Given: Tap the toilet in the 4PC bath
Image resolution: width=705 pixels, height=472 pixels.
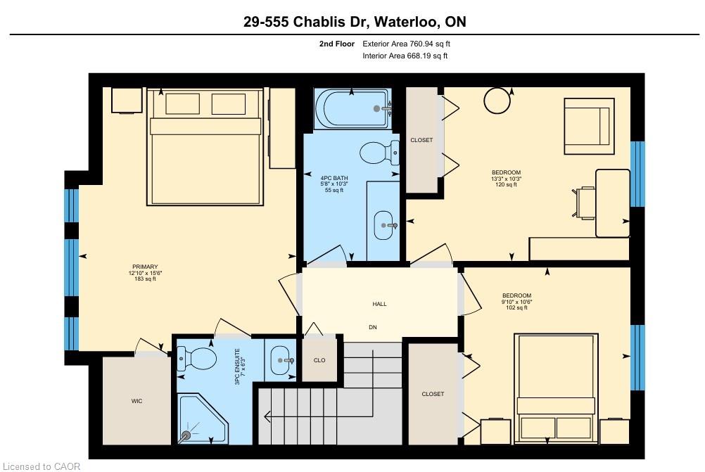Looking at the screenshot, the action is pos(379,153).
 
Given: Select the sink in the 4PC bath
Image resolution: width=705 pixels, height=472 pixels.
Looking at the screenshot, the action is pos(383,225).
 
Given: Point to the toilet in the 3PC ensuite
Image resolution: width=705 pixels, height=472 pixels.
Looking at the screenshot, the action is pos(196,359).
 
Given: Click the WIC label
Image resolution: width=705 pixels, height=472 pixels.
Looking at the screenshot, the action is pos(136,401).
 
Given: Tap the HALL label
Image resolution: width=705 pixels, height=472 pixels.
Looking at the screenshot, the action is pos(379,304).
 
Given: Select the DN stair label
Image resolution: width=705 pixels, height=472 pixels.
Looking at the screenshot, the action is pos(373,327).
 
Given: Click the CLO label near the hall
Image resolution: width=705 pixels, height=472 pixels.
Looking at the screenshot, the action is pos(319,360).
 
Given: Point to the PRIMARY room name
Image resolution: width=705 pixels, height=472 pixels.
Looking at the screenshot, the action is pos(145,267).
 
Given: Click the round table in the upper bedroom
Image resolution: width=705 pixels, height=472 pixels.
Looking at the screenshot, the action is pos(497,101).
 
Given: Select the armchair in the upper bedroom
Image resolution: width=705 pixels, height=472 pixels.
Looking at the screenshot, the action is pos(589,127).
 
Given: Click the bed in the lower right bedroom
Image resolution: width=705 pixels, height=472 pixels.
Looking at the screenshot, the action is pos(556,388).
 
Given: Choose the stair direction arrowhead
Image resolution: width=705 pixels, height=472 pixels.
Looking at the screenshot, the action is pos(267,417).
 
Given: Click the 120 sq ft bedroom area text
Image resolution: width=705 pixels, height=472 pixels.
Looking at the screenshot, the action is pos(506,184).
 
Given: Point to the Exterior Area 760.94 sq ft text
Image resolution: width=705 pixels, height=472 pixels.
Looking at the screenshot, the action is pos(406,44).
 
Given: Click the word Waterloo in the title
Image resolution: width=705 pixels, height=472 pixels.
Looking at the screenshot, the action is pos(407,22).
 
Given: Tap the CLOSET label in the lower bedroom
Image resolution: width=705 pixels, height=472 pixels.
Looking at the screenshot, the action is pos(433,394).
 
